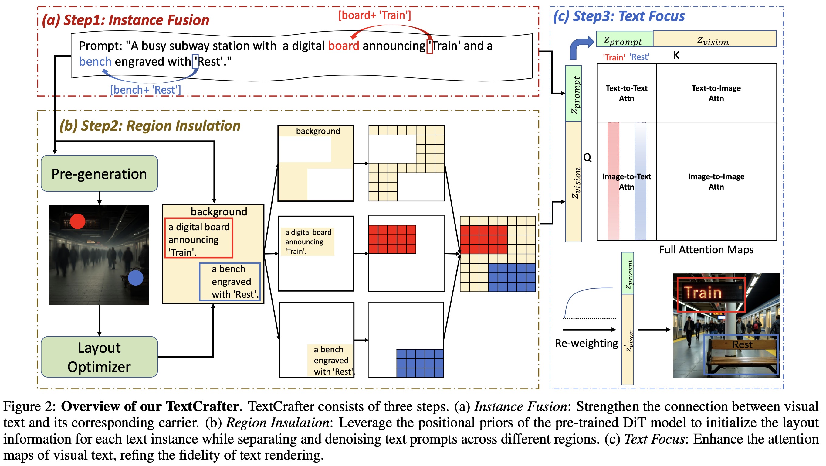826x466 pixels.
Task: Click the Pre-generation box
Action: click(100, 174)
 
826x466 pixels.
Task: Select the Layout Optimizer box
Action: click(100, 357)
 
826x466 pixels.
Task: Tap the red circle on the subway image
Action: click(78, 221)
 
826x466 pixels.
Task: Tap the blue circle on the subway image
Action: click(135, 278)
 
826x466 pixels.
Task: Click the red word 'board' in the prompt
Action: click(344, 46)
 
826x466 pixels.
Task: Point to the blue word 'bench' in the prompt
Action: click(95, 61)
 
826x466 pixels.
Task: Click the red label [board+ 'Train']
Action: click(374, 15)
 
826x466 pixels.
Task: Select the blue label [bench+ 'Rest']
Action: click(145, 90)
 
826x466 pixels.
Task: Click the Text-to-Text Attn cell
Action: click(626, 93)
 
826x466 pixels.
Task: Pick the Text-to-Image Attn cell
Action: click(716, 93)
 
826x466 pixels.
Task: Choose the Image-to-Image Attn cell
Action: click(716, 181)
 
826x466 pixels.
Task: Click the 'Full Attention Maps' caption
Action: click(706, 250)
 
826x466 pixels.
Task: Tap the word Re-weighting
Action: click(587, 343)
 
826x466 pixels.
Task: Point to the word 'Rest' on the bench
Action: click(742, 344)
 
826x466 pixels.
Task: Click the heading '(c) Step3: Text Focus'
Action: click(619, 16)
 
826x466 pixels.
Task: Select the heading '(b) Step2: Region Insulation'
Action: click(150, 125)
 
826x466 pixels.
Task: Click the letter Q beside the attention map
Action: click(587, 157)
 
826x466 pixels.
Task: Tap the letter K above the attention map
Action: click(676, 56)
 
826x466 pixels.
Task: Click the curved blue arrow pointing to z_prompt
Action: click(579, 46)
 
